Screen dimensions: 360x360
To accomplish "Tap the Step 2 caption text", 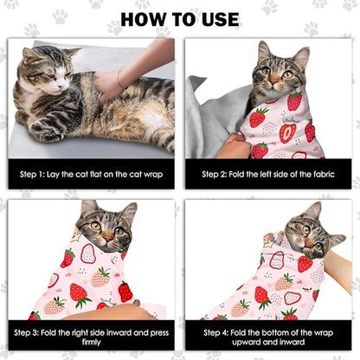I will (x=269, y=173).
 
